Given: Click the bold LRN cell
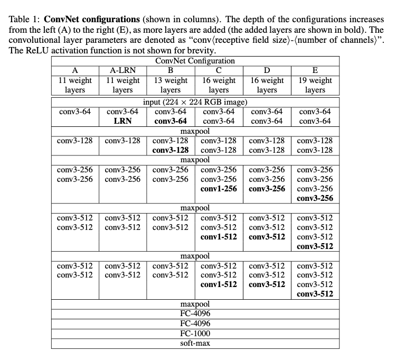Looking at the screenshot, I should coord(123,121).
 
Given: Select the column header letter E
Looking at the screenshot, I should coord(315,70).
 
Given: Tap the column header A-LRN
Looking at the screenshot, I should coord(123,70).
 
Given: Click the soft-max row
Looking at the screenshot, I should coord(195,343).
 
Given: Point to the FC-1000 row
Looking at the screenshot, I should coord(195,333).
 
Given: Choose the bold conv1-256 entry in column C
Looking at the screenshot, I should coord(219,189).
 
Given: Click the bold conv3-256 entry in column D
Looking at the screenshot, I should coord(267,189).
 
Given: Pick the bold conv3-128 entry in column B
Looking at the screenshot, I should coord(171,150).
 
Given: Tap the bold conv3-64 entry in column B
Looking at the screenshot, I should coord(171,121).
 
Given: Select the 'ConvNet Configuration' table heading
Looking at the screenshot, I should coord(195,61).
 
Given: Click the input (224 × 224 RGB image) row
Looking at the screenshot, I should coord(195,102).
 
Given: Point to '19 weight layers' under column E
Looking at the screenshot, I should coord(315,85).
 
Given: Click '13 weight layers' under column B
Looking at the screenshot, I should coord(171,85).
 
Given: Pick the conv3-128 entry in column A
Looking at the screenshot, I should coord(74,141).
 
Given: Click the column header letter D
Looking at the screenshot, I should coord(267,70).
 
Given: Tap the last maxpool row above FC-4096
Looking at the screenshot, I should coord(195,304).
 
